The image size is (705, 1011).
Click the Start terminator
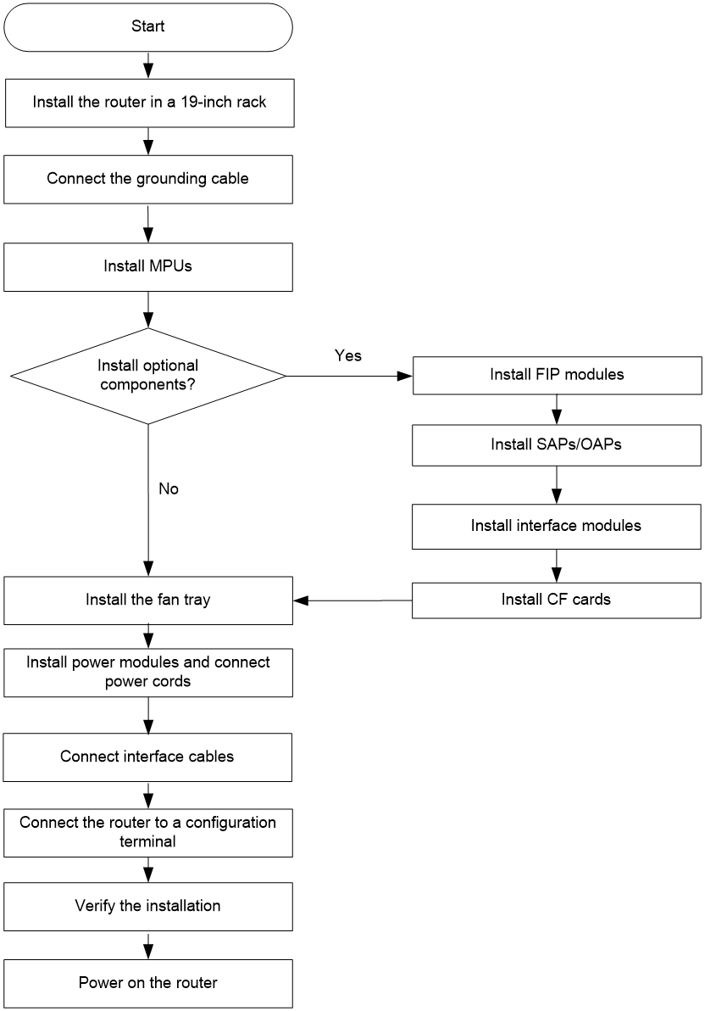tap(148, 27)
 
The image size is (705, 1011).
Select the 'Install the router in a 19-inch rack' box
tap(149, 103)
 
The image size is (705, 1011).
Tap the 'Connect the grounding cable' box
tap(148, 179)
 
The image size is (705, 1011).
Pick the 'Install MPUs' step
tap(148, 267)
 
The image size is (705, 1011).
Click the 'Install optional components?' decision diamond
tap(148, 376)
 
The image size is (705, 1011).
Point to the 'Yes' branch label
tap(348, 356)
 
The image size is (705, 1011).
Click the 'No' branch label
tap(168, 489)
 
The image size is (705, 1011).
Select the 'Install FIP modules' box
tap(557, 375)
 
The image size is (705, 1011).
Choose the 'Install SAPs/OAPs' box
tap(557, 445)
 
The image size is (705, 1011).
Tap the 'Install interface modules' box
tap(557, 527)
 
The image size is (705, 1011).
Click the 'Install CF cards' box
tap(557, 600)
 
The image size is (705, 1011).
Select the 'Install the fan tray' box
tap(148, 600)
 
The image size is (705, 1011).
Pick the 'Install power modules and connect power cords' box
tap(148, 673)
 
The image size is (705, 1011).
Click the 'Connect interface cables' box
tap(147, 757)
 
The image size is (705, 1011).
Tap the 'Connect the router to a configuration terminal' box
tap(148, 832)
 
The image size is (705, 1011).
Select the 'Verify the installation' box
tap(148, 907)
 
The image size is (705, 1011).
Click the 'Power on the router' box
tap(148, 983)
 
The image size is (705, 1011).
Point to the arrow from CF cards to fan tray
tap(352, 600)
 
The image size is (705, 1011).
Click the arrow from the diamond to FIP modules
tap(349, 376)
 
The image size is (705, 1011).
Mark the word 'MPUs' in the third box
tap(170, 266)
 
